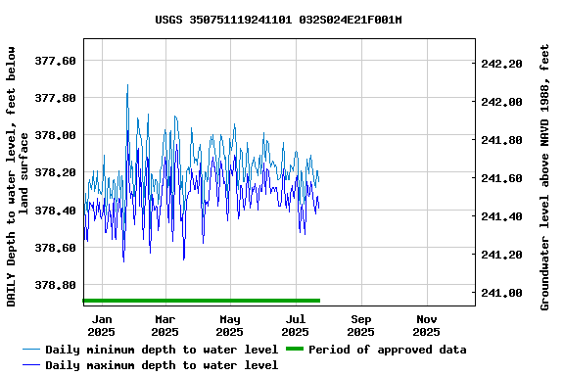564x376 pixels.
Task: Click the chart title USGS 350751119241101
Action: [x=279, y=20]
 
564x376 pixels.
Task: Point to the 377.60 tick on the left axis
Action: [x=55, y=61]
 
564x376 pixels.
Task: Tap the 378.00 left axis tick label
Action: [x=55, y=135]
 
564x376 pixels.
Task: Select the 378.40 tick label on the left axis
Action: [x=55, y=211]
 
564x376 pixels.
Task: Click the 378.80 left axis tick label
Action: [x=55, y=285]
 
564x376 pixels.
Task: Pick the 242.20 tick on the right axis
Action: [x=502, y=64]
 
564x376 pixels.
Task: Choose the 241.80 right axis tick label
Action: [x=502, y=140]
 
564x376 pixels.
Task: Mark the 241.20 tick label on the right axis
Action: [x=502, y=255]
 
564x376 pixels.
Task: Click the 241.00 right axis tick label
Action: [x=502, y=293]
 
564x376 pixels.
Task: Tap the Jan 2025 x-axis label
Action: [x=101, y=325]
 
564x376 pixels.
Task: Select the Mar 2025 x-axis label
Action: [x=165, y=325]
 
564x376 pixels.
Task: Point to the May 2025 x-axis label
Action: [x=230, y=325]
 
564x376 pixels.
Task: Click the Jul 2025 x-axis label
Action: [x=296, y=325]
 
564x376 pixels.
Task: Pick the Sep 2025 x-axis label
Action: [x=361, y=325]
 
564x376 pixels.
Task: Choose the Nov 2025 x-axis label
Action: [x=427, y=325]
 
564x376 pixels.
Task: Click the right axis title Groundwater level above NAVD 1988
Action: [x=545, y=176]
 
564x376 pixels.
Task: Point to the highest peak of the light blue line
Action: [x=127, y=85]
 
